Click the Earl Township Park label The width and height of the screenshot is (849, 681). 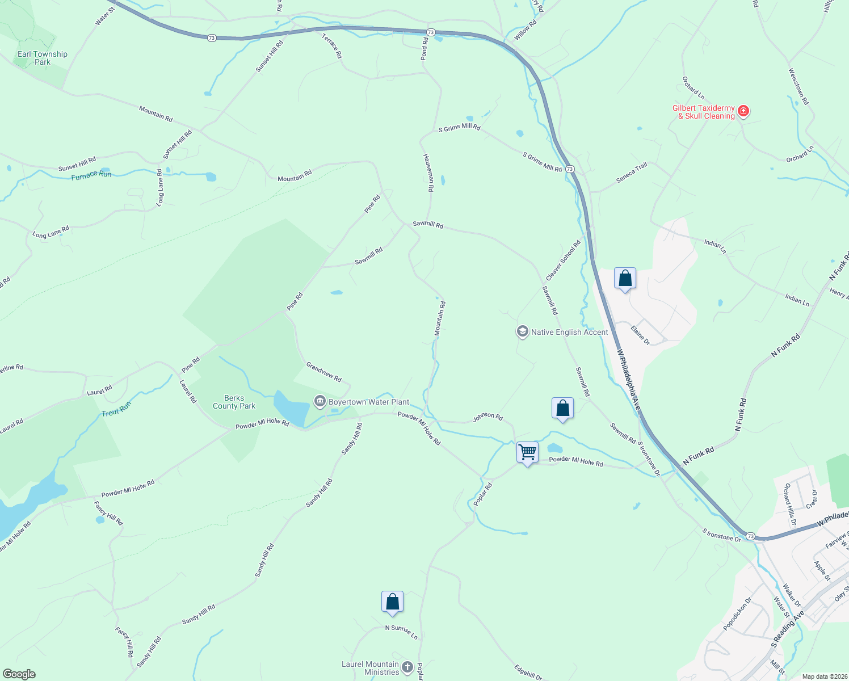[43, 58]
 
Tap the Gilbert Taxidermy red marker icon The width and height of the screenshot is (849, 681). [743, 111]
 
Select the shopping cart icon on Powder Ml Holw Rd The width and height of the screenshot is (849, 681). [528, 452]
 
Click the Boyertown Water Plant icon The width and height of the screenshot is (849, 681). [320, 402]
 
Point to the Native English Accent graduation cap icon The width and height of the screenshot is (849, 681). [522, 331]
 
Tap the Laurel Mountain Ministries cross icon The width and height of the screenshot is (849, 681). [407, 667]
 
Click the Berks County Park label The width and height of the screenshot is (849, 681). [234, 402]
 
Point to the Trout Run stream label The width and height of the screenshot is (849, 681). [116, 409]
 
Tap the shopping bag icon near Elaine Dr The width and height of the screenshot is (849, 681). [625, 278]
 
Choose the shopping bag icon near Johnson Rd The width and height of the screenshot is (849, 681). [562, 408]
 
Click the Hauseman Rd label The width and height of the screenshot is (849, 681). [428, 173]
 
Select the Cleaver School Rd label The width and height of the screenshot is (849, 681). [564, 260]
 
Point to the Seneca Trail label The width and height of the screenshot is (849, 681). [632, 173]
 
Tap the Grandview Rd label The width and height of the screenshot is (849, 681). [324, 372]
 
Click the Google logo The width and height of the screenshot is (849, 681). [19, 674]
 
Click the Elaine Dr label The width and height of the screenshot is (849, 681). [641, 335]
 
